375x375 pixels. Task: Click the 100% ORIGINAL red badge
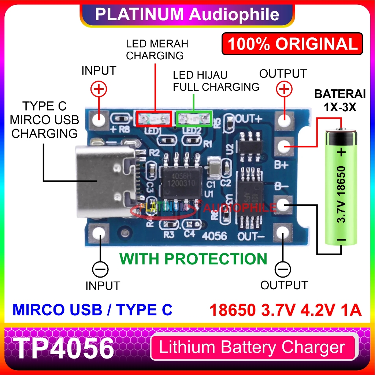tap(292, 44)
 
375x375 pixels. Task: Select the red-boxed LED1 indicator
tap(154, 118)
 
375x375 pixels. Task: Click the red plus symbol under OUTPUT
tap(285, 89)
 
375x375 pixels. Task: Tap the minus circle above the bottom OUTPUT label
tap(282, 270)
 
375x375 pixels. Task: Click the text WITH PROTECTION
tap(193, 259)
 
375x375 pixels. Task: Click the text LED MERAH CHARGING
tap(157, 50)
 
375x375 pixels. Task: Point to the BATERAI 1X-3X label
tap(340, 100)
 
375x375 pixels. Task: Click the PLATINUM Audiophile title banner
tap(187, 14)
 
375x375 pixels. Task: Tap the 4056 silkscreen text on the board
tap(217, 236)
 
